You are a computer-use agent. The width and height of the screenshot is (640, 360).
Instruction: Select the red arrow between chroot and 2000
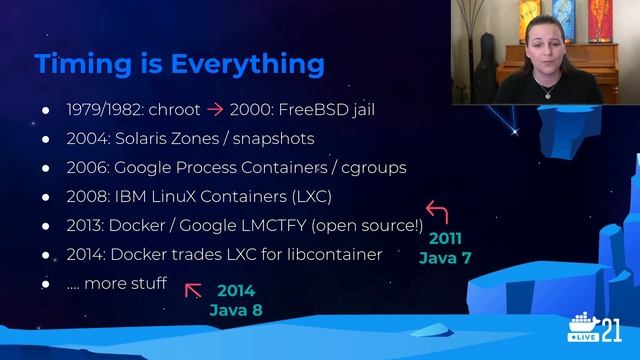(x=214, y=109)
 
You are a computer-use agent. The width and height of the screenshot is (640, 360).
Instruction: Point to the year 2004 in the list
(x=86, y=138)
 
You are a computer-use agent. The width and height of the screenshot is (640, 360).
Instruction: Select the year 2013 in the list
(x=85, y=225)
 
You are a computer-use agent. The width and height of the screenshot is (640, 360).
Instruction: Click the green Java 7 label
(x=445, y=258)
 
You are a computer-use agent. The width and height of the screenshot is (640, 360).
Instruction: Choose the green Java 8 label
(x=235, y=310)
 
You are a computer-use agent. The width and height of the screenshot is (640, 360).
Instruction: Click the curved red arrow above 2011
(x=437, y=212)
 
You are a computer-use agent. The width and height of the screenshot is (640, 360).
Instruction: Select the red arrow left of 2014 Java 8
(x=193, y=290)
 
